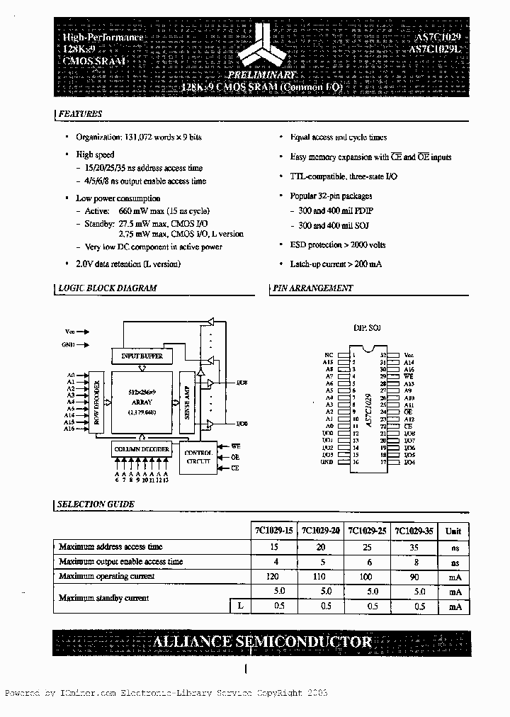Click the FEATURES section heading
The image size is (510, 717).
[80, 114]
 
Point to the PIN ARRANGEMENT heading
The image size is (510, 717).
[312, 288]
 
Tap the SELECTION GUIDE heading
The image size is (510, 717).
[96, 504]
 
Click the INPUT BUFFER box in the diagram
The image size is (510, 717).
[142, 356]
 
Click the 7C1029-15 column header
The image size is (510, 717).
[273, 531]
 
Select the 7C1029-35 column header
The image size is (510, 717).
[413, 531]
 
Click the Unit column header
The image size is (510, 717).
[453, 531]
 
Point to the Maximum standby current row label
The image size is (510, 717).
[103, 599]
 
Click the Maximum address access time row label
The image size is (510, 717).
[110, 547]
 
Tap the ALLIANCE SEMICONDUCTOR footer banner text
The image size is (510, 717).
[263, 642]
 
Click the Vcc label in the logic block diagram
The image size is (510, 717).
[69, 331]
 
